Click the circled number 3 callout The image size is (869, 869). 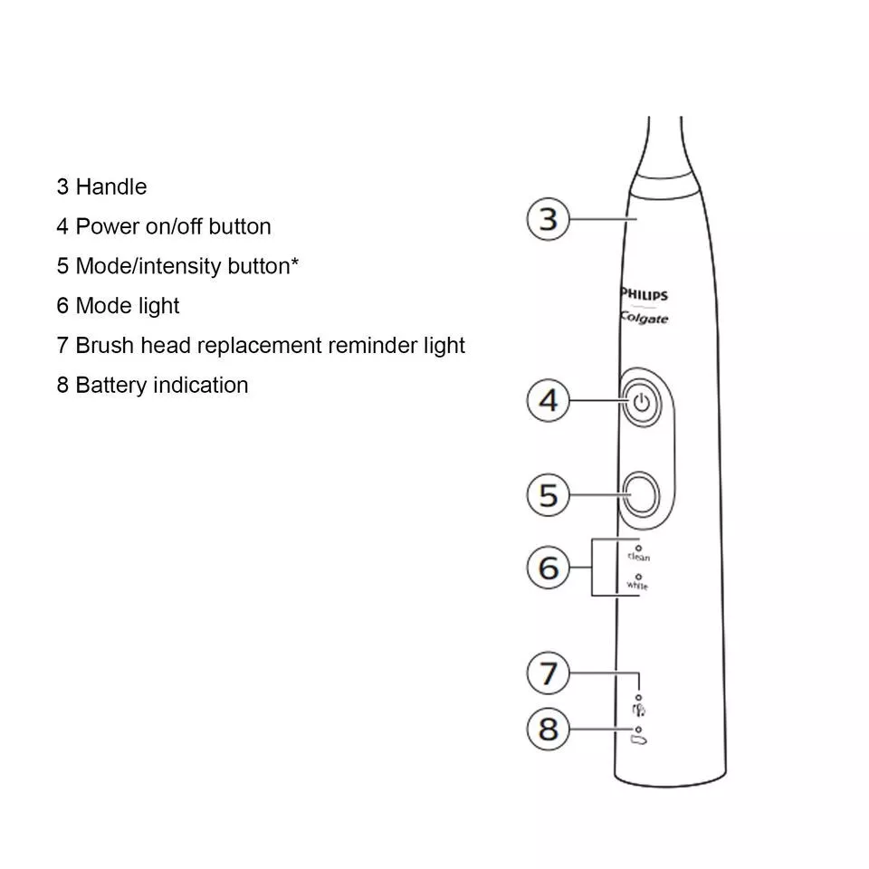(x=549, y=219)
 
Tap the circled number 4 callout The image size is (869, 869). (x=549, y=400)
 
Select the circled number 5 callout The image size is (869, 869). (x=549, y=495)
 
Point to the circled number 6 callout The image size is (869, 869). (x=549, y=568)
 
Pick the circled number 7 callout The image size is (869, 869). (x=549, y=673)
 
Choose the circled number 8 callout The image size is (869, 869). (x=549, y=729)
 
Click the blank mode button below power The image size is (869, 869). (x=640, y=495)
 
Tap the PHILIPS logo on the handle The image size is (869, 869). (x=644, y=295)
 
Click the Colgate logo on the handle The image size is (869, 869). (x=645, y=318)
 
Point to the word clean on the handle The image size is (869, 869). (x=639, y=558)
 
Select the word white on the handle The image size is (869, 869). (x=638, y=586)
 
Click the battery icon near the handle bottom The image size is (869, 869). (x=640, y=741)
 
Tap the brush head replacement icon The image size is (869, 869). (x=639, y=711)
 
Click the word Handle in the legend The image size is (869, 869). (x=111, y=187)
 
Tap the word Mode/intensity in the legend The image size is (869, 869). (x=148, y=266)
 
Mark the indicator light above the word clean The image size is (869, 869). (x=639, y=547)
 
